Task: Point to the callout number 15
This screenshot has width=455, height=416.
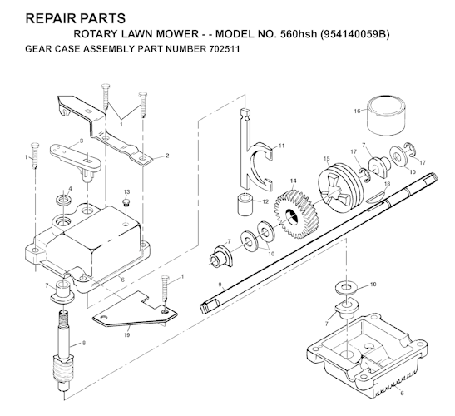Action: point(326,158)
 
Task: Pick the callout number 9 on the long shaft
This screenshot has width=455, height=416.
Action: point(219,285)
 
